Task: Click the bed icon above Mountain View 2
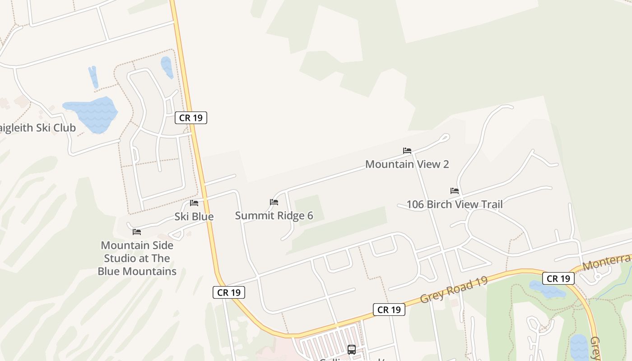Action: tap(407, 151)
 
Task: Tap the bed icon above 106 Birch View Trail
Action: tap(455, 191)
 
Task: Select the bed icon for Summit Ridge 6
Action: tap(274, 202)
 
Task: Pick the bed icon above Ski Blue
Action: tap(194, 203)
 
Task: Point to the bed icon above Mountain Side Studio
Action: tap(137, 232)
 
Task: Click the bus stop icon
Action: tap(352, 349)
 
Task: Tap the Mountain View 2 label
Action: tap(407, 164)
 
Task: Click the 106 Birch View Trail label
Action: tap(454, 204)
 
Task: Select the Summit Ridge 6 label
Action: tap(274, 216)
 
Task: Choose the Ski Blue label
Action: tap(194, 217)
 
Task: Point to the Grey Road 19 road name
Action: tap(454, 290)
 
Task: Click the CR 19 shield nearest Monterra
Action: tap(558, 278)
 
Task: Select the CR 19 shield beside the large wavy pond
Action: tap(191, 118)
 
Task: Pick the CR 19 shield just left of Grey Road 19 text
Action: tap(389, 310)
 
